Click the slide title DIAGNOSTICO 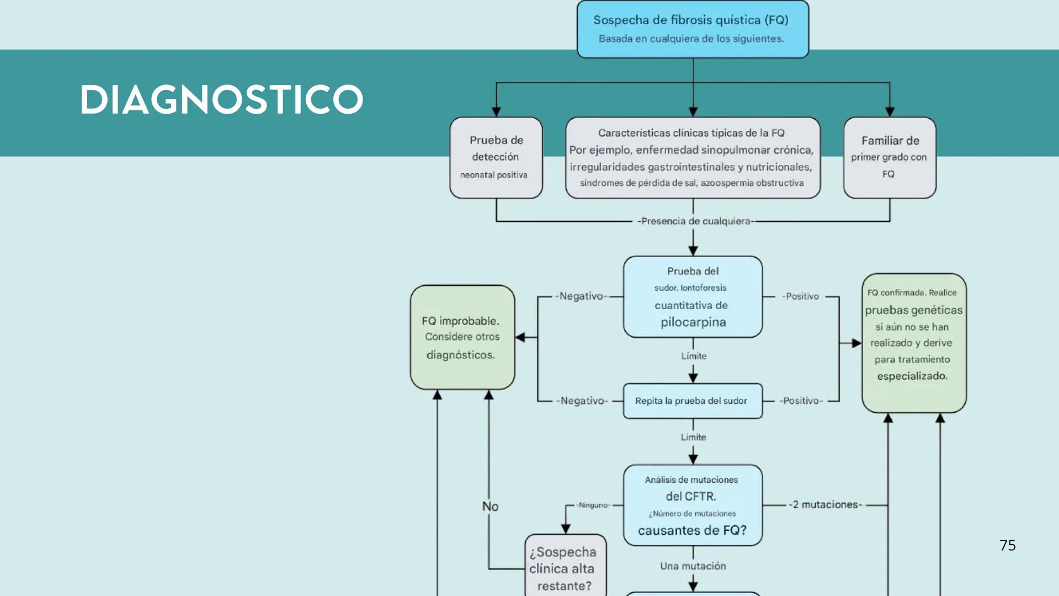point(221,100)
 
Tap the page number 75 point(1007,545)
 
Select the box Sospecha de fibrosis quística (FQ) point(693,29)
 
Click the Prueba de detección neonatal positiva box point(496,157)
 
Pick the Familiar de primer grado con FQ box point(890,157)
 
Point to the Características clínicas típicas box point(693,157)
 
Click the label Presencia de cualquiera point(694,221)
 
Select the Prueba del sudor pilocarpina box point(693,296)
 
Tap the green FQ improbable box point(462,337)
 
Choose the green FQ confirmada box point(914,343)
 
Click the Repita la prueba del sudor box point(693,401)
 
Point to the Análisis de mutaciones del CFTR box point(693,505)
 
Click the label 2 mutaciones point(825,504)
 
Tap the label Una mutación point(693,566)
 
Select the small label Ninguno point(593,505)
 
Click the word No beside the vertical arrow point(490,506)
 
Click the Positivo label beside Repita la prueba point(801,401)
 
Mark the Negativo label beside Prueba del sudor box point(581,296)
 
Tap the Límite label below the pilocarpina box point(694,356)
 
